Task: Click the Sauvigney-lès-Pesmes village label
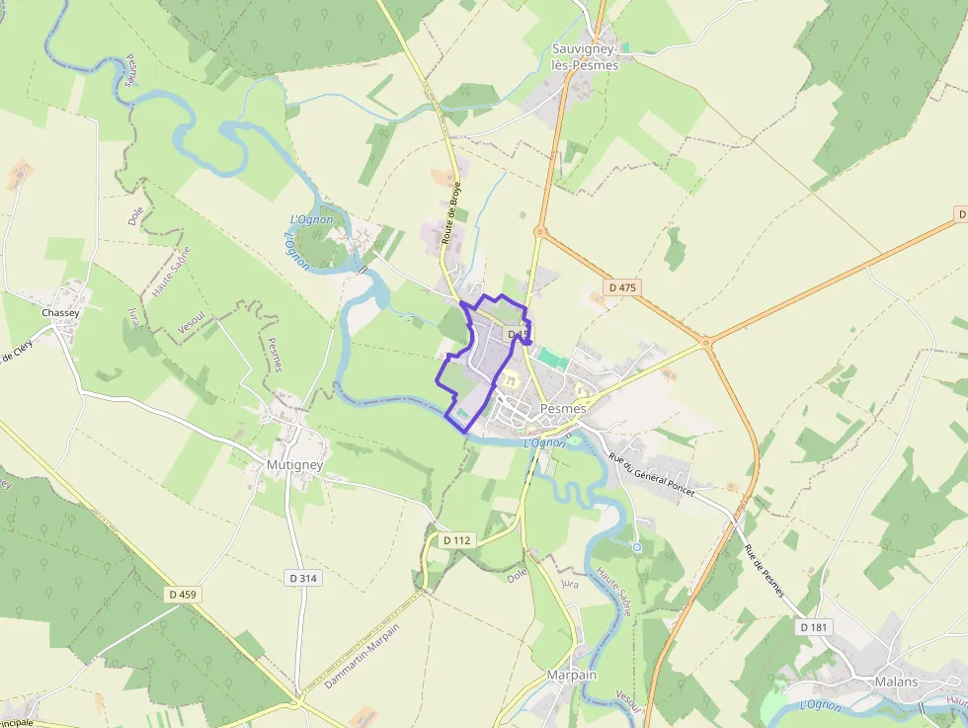click(x=586, y=57)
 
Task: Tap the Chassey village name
click(x=60, y=312)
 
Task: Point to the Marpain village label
click(x=572, y=675)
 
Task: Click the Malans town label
click(x=896, y=682)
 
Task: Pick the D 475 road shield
click(x=623, y=287)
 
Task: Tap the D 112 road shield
click(x=457, y=540)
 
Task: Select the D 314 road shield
click(x=305, y=577)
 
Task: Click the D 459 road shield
click(x=184, y=595)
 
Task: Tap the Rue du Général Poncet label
click(x=651, y=474)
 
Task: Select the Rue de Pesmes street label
click(x=764, y=571)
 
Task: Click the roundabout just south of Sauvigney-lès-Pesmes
click(x=539, y=232)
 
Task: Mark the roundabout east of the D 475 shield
click(x=705, y=344)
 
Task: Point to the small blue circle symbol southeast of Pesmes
click(x=636, y=546)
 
